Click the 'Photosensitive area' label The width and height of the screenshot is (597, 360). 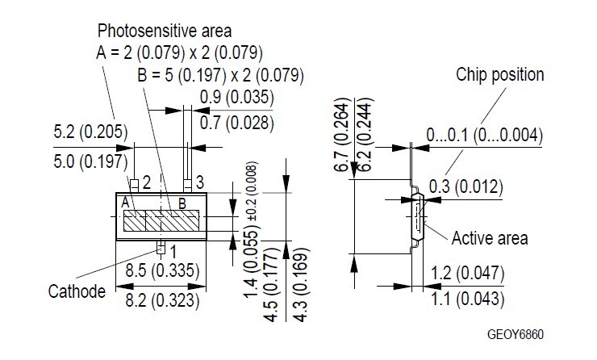point(165,31)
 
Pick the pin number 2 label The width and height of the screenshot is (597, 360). point(147,182)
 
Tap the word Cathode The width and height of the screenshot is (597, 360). point(77,291)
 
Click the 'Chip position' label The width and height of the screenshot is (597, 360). point(500,75)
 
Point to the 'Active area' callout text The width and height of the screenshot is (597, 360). point(490,237)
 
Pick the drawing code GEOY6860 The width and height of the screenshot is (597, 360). point(521,333)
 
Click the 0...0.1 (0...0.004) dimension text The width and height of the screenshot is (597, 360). point(484,134)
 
